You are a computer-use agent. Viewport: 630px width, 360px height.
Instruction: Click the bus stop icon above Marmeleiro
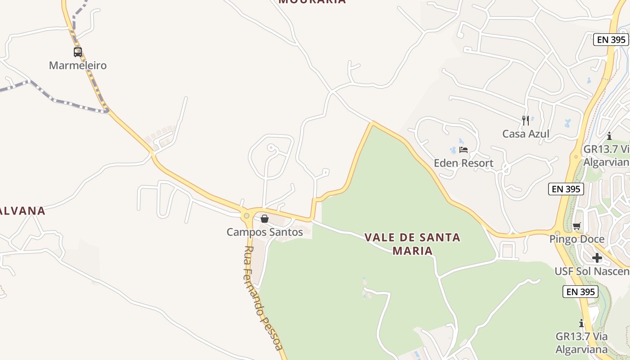[78, 52]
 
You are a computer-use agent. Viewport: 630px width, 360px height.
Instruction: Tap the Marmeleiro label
[78, 66]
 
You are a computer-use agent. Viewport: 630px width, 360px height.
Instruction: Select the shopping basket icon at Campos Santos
[265, 219]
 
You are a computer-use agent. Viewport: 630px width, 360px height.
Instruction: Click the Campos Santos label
[265, 232]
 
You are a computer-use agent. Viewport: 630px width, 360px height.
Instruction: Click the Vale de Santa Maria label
[412, 244]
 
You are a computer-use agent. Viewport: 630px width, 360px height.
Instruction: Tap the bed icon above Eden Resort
[463, 149]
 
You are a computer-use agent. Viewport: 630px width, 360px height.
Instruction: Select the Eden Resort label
[463, 163]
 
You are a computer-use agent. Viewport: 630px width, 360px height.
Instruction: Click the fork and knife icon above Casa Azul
[526, 120]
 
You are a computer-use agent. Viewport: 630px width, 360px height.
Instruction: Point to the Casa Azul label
[526, 134]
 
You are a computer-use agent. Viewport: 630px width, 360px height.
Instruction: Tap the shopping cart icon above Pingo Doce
[577, 226]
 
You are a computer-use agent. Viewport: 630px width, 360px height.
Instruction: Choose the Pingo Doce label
[577, 239]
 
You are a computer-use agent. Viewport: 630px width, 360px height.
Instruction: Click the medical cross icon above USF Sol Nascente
[597, 258]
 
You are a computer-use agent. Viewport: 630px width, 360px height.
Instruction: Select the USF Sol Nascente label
[592, 271]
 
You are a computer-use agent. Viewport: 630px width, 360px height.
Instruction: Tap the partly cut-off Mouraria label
[312, 1]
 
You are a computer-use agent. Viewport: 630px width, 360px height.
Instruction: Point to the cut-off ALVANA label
[22, 211]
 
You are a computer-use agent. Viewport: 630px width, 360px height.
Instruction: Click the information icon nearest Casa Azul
[609, 136]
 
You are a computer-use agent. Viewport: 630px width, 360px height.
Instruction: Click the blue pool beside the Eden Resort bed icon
[453, 150]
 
